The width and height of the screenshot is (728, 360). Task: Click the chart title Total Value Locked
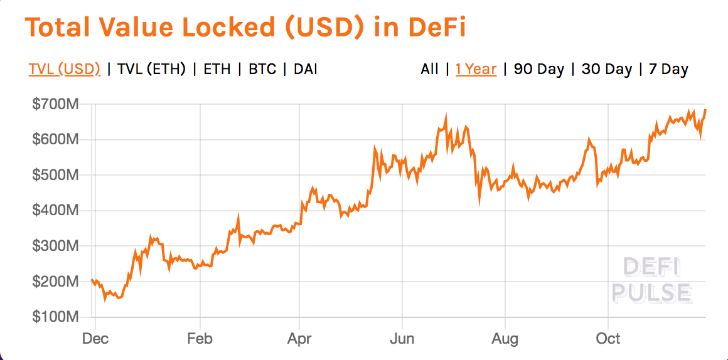[245, 28]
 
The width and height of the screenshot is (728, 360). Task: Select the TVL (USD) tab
[64, 69]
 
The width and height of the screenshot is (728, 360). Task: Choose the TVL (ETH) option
[151, 69]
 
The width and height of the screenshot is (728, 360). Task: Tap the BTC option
[262, 69]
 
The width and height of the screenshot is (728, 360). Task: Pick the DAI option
[305, 69]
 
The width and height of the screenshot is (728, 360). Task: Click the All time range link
[429, 69]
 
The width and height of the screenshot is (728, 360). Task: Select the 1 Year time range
[476, 69]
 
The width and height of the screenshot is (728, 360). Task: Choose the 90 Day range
[539, 69]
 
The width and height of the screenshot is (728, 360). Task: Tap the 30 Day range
[606, 69]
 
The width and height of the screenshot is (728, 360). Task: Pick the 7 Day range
[668, 69]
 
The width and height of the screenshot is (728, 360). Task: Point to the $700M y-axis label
[55, 104]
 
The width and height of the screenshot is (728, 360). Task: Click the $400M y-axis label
[55, 211]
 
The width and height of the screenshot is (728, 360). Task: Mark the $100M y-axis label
[55, 317]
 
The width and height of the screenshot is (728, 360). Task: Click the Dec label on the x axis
[95, 339]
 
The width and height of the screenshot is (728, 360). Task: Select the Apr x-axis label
[299, 339]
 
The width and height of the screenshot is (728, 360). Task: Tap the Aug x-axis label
[505, 339]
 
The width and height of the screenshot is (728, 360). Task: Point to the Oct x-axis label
[608, 339]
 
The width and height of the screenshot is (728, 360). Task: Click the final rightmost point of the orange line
[705, 110]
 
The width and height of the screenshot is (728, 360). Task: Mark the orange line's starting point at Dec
[92, 280]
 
